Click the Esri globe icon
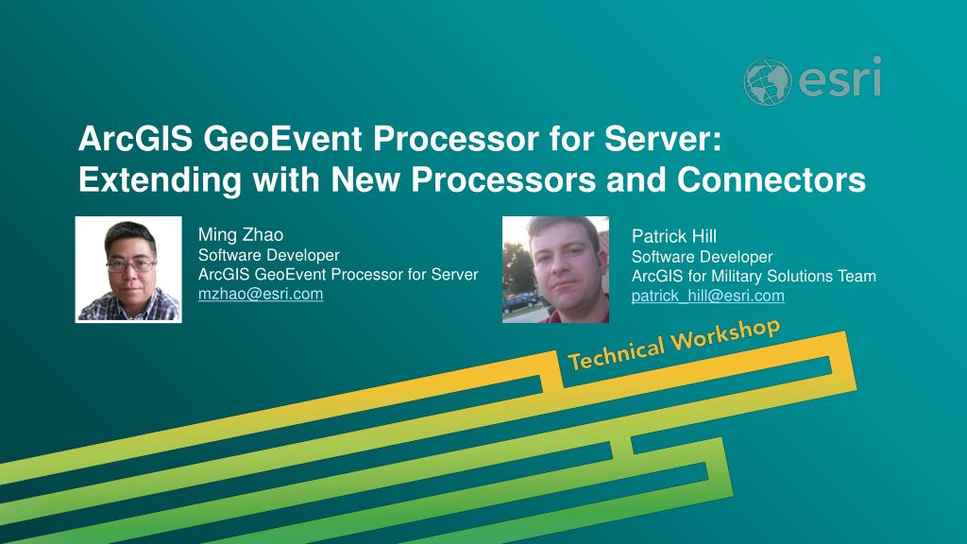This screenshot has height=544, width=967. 767,81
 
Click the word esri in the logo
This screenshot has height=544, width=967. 840,77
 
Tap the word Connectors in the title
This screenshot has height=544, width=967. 772,179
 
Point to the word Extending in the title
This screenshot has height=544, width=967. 160,180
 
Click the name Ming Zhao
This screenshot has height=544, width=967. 241,234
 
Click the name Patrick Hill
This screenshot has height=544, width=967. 674,236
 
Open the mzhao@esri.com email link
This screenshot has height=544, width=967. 261,294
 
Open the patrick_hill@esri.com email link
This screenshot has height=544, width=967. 708,296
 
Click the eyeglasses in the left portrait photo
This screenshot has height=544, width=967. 130,265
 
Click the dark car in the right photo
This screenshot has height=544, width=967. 521,301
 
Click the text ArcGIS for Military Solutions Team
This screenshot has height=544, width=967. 754,276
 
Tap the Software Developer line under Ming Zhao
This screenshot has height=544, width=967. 269,255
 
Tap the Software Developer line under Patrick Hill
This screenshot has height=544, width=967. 702,257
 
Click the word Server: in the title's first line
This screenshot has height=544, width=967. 663,139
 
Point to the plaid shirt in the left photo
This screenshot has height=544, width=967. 128,307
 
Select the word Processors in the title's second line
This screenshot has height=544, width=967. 504,179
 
